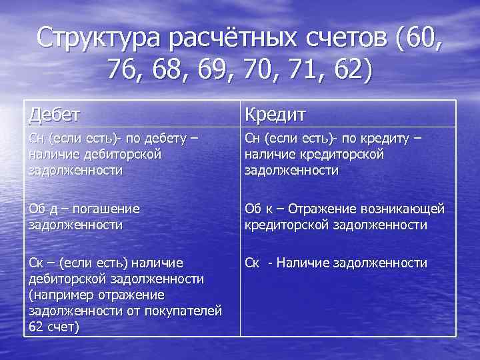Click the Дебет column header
[x=55, y=113]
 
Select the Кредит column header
[x=275, y=114]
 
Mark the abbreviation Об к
[x=260, y=209]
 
